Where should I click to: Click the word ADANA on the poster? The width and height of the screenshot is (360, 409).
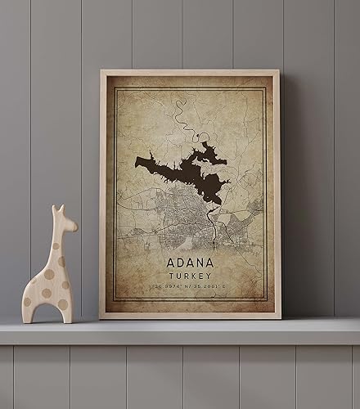coord(191,263)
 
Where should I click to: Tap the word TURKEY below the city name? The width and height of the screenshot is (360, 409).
coord(191,276)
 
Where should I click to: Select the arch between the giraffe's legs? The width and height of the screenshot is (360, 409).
coord(47,312)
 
